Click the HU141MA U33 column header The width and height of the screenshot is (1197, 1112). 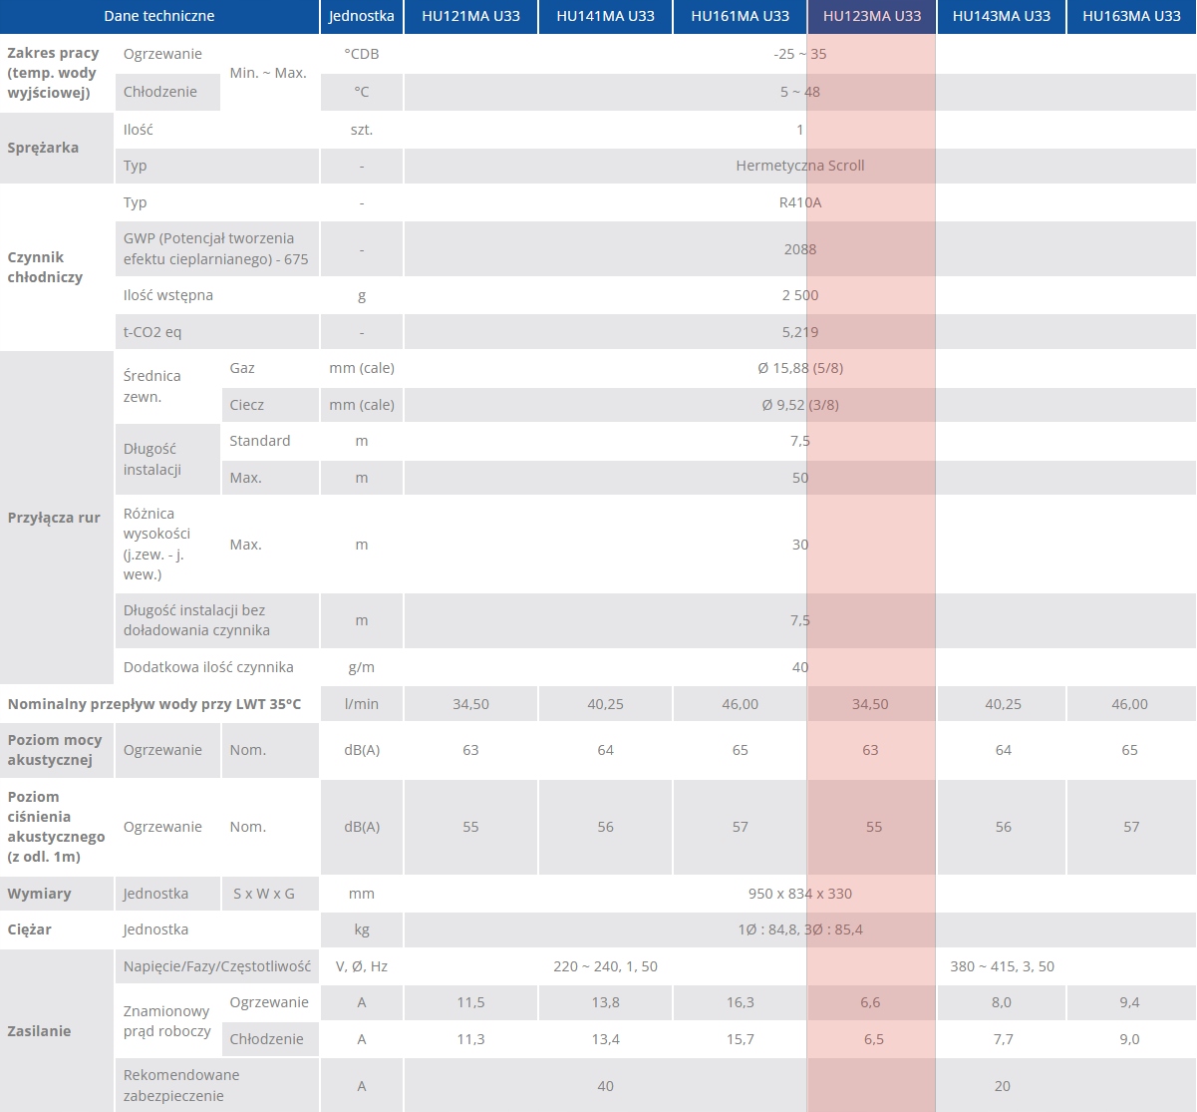tap(605, 16)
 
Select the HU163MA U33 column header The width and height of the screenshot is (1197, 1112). tap(1131, 16)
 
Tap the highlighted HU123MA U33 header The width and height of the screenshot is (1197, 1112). tap(872, 16)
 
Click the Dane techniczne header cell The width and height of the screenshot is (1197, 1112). tap(159, 16)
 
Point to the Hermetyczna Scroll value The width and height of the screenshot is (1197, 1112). tap(799, 166)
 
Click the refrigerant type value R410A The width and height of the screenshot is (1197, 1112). tap(800, 202)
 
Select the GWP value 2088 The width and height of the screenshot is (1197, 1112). tap(799, 249)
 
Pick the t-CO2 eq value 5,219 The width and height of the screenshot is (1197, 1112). tap(799, 332)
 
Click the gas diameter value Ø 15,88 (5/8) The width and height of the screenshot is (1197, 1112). tap(799, 368)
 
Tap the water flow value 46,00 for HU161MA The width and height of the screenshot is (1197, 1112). tap(740, 704)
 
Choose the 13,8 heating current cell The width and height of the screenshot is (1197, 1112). tap(605, 1002)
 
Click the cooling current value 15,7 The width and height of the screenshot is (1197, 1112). tap(740, 1039)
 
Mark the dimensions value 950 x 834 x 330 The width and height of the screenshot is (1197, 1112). tap(799, 894)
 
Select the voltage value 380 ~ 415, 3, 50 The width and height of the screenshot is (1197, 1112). tap(1002, 966)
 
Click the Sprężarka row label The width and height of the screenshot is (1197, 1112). tap(43, 148)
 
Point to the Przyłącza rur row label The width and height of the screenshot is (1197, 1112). tap(54, 518)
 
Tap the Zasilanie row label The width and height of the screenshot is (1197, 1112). tap(39, 1031)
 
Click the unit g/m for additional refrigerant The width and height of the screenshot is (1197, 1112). tap(362, 667)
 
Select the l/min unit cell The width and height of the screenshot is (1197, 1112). tap(362, 704)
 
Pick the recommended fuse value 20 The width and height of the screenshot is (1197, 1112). tap(1002, 1086)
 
